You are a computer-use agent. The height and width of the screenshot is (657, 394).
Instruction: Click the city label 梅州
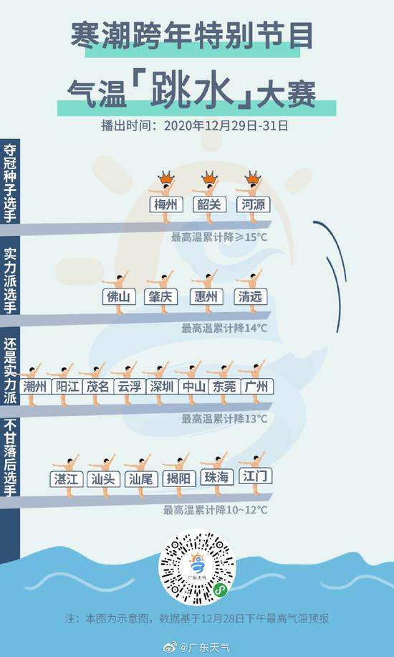(x=166, y=205)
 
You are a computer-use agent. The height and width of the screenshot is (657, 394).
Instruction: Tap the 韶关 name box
(x=210, y=205)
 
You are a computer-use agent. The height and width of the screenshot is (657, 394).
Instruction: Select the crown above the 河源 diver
(x=252, y=177)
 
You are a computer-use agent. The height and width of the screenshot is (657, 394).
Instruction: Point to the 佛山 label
(x=119, y=297)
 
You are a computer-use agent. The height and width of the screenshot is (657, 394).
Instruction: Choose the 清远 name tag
(x=251, y=297)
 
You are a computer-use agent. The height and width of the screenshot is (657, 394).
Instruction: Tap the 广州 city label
(x=256, y=387)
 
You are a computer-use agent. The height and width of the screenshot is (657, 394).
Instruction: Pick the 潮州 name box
(x=35, y=387)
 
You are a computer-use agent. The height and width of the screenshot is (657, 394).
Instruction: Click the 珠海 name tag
(x=217, y=477)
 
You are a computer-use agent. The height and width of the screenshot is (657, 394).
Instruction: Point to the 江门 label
(x=256, y=476)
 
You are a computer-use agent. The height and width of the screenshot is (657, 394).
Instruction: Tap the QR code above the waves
(x=197, y=567)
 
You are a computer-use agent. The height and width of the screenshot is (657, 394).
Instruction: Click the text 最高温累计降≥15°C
(x=219, y=237)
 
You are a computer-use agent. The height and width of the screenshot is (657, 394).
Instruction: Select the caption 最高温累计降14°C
(x=224, y=328)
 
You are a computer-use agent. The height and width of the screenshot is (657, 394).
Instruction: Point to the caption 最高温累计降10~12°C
(x=215, y=510)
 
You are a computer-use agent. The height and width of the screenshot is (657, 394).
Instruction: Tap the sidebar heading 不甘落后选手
(x=9, y=458)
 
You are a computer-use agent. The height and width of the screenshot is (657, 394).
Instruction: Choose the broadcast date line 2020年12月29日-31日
(x=226, y=126)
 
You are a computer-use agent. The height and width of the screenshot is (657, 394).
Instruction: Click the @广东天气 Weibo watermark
(x=197, y=647)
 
